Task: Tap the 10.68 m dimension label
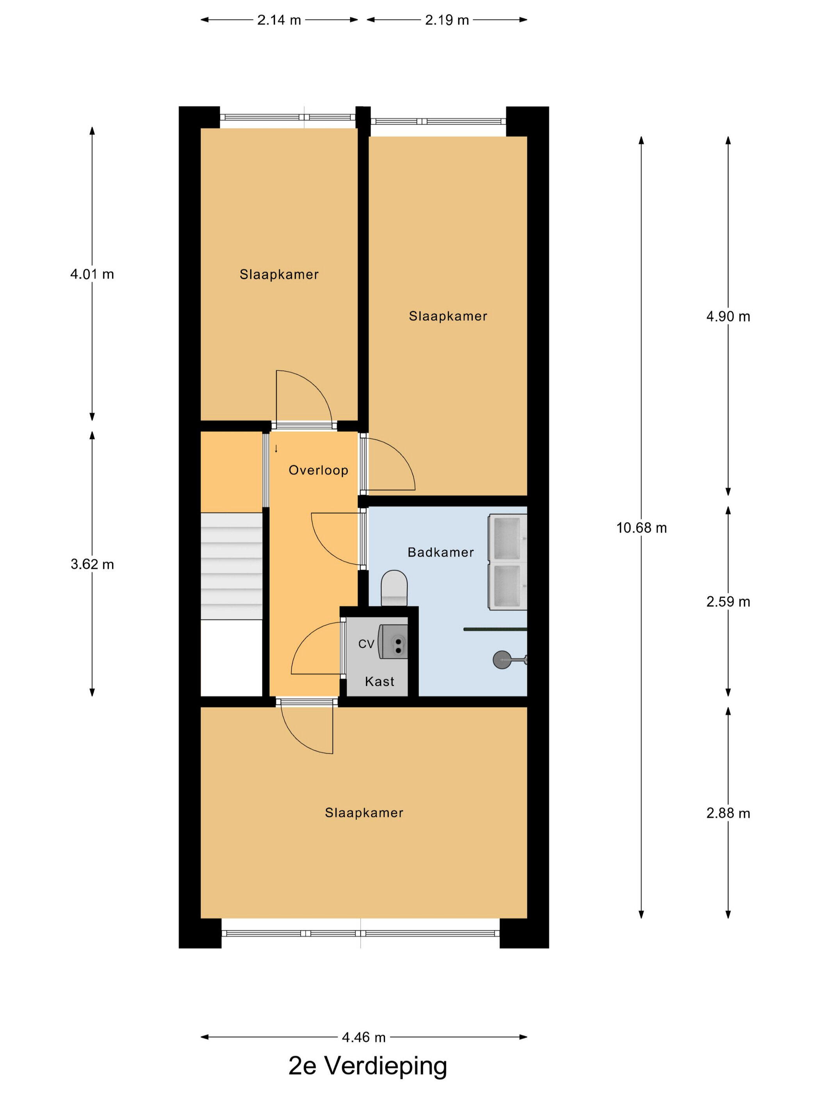point(641,528)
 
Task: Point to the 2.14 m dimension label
point(279,20)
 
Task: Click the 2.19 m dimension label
point(447,20)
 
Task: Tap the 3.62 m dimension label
point(92,564)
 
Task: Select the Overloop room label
point(318,470)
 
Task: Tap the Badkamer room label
point(440,552)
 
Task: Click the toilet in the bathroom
point(394,588)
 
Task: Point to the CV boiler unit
point(393,642)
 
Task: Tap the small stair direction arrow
point(276,449)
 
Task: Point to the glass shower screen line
point(495,629)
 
